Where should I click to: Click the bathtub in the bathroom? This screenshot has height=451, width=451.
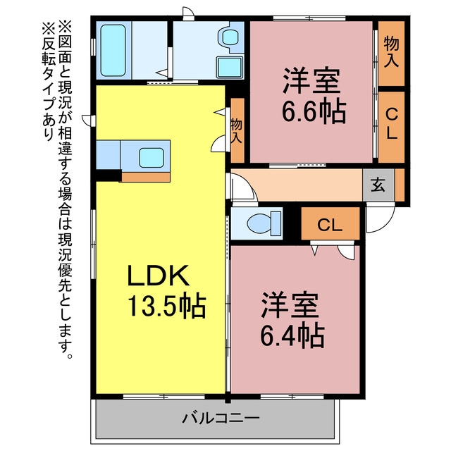tap(113, 50)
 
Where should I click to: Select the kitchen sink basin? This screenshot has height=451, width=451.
tap(152, 158)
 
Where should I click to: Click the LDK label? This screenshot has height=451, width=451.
tap(158, 276)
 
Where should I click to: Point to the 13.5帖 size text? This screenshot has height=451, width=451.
tap(166, 305)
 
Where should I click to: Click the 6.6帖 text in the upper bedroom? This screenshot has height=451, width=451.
tap(314, 111)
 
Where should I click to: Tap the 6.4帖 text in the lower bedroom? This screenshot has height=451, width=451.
tap(292, 336)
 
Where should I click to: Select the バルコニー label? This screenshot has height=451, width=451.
tap(221, 418)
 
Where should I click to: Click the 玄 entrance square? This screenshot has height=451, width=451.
tap(378, 185)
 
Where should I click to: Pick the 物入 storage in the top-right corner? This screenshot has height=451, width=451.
tap(391, 54)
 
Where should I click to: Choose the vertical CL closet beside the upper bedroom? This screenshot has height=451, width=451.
tap(391, 127)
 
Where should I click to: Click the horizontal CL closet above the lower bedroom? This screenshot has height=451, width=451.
tap(330, 223)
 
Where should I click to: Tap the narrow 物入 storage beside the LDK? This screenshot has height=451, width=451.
tap(237, 130)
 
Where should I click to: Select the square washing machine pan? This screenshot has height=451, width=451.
tap(229, 68)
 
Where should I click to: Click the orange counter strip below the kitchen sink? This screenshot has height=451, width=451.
tap(146, 177)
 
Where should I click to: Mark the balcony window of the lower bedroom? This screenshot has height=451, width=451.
tap(292, 396)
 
